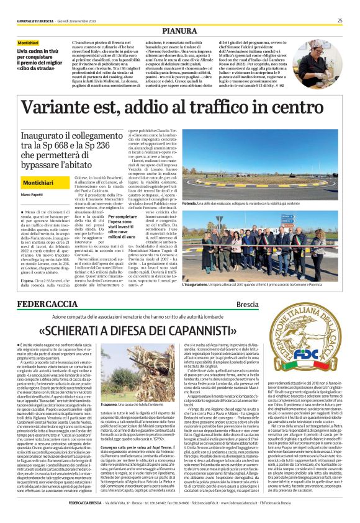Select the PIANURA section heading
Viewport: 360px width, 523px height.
[180, 30]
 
